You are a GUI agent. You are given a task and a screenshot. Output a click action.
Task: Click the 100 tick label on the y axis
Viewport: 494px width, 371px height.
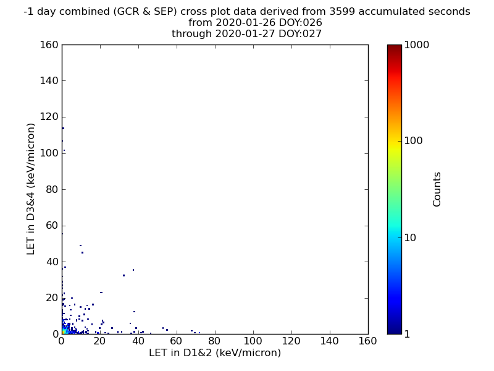click(49, 153)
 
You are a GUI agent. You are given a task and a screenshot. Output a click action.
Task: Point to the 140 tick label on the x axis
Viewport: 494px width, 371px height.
click(330, 341)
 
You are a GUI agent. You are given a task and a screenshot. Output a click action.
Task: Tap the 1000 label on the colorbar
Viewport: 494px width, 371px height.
click(416, 45)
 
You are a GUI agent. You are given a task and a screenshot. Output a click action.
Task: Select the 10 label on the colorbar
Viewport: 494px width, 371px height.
click(410, 237)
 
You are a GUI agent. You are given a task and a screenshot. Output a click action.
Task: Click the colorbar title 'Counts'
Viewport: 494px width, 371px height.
click(437, 189)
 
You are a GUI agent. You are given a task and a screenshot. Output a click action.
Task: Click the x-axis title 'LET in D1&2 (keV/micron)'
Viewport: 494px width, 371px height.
click(215, 352)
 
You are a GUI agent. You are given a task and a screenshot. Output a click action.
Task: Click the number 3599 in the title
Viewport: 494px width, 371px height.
click(343, 11)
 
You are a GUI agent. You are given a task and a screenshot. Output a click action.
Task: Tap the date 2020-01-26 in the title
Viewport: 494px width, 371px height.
click(245, 23)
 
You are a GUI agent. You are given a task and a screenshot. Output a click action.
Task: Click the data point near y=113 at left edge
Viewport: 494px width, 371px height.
click(63, 129)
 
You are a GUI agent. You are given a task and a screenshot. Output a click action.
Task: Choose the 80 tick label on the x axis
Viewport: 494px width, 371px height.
click(214, 341)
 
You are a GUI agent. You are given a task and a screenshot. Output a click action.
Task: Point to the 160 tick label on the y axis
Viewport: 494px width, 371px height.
click(49, 45)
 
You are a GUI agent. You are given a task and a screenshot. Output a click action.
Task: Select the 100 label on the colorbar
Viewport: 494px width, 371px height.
click(413, 141)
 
